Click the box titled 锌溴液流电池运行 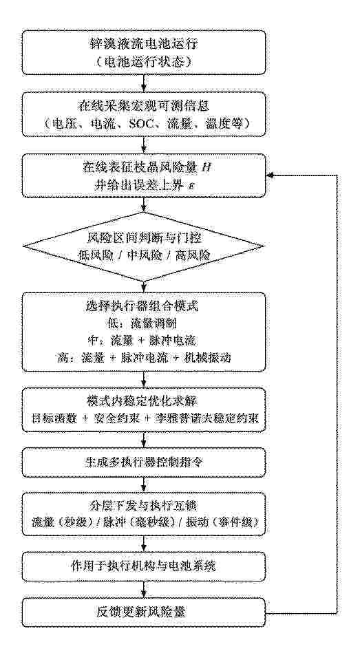[x=143, y=54]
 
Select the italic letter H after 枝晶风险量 [x=200, y=167]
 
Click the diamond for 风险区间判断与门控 [x=143, y=246]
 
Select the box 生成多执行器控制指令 [x=143, y=462]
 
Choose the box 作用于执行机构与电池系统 [x=143, y=566]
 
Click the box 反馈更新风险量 [x=143, y=612]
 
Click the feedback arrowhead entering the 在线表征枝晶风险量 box [x=268, y=175]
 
